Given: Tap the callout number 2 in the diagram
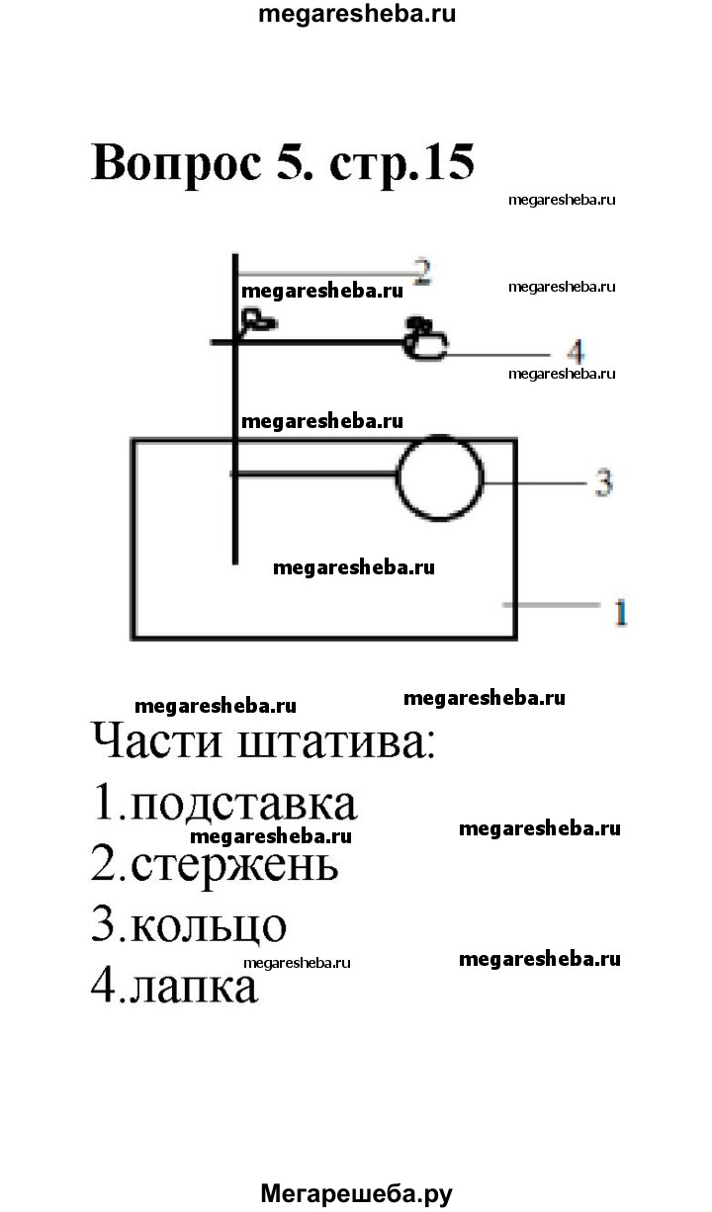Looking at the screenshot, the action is click(x=422, y=272).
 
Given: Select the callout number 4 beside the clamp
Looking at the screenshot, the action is click(x=577, y=352).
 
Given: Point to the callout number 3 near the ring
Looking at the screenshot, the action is click(x=603, y=482).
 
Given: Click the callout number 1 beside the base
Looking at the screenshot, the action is click(x=621, y=613).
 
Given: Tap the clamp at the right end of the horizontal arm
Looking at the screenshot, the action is click(x=425, y=339).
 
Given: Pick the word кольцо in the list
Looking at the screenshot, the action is click(x=209, y=926).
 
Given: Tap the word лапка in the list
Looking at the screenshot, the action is click(x=194, y=988).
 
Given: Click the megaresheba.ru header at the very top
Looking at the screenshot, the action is click(x=357, y=14).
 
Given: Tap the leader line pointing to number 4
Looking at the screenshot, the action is click(x=497, y=355).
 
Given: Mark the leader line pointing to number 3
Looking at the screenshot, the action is click(x=535, y=482).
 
